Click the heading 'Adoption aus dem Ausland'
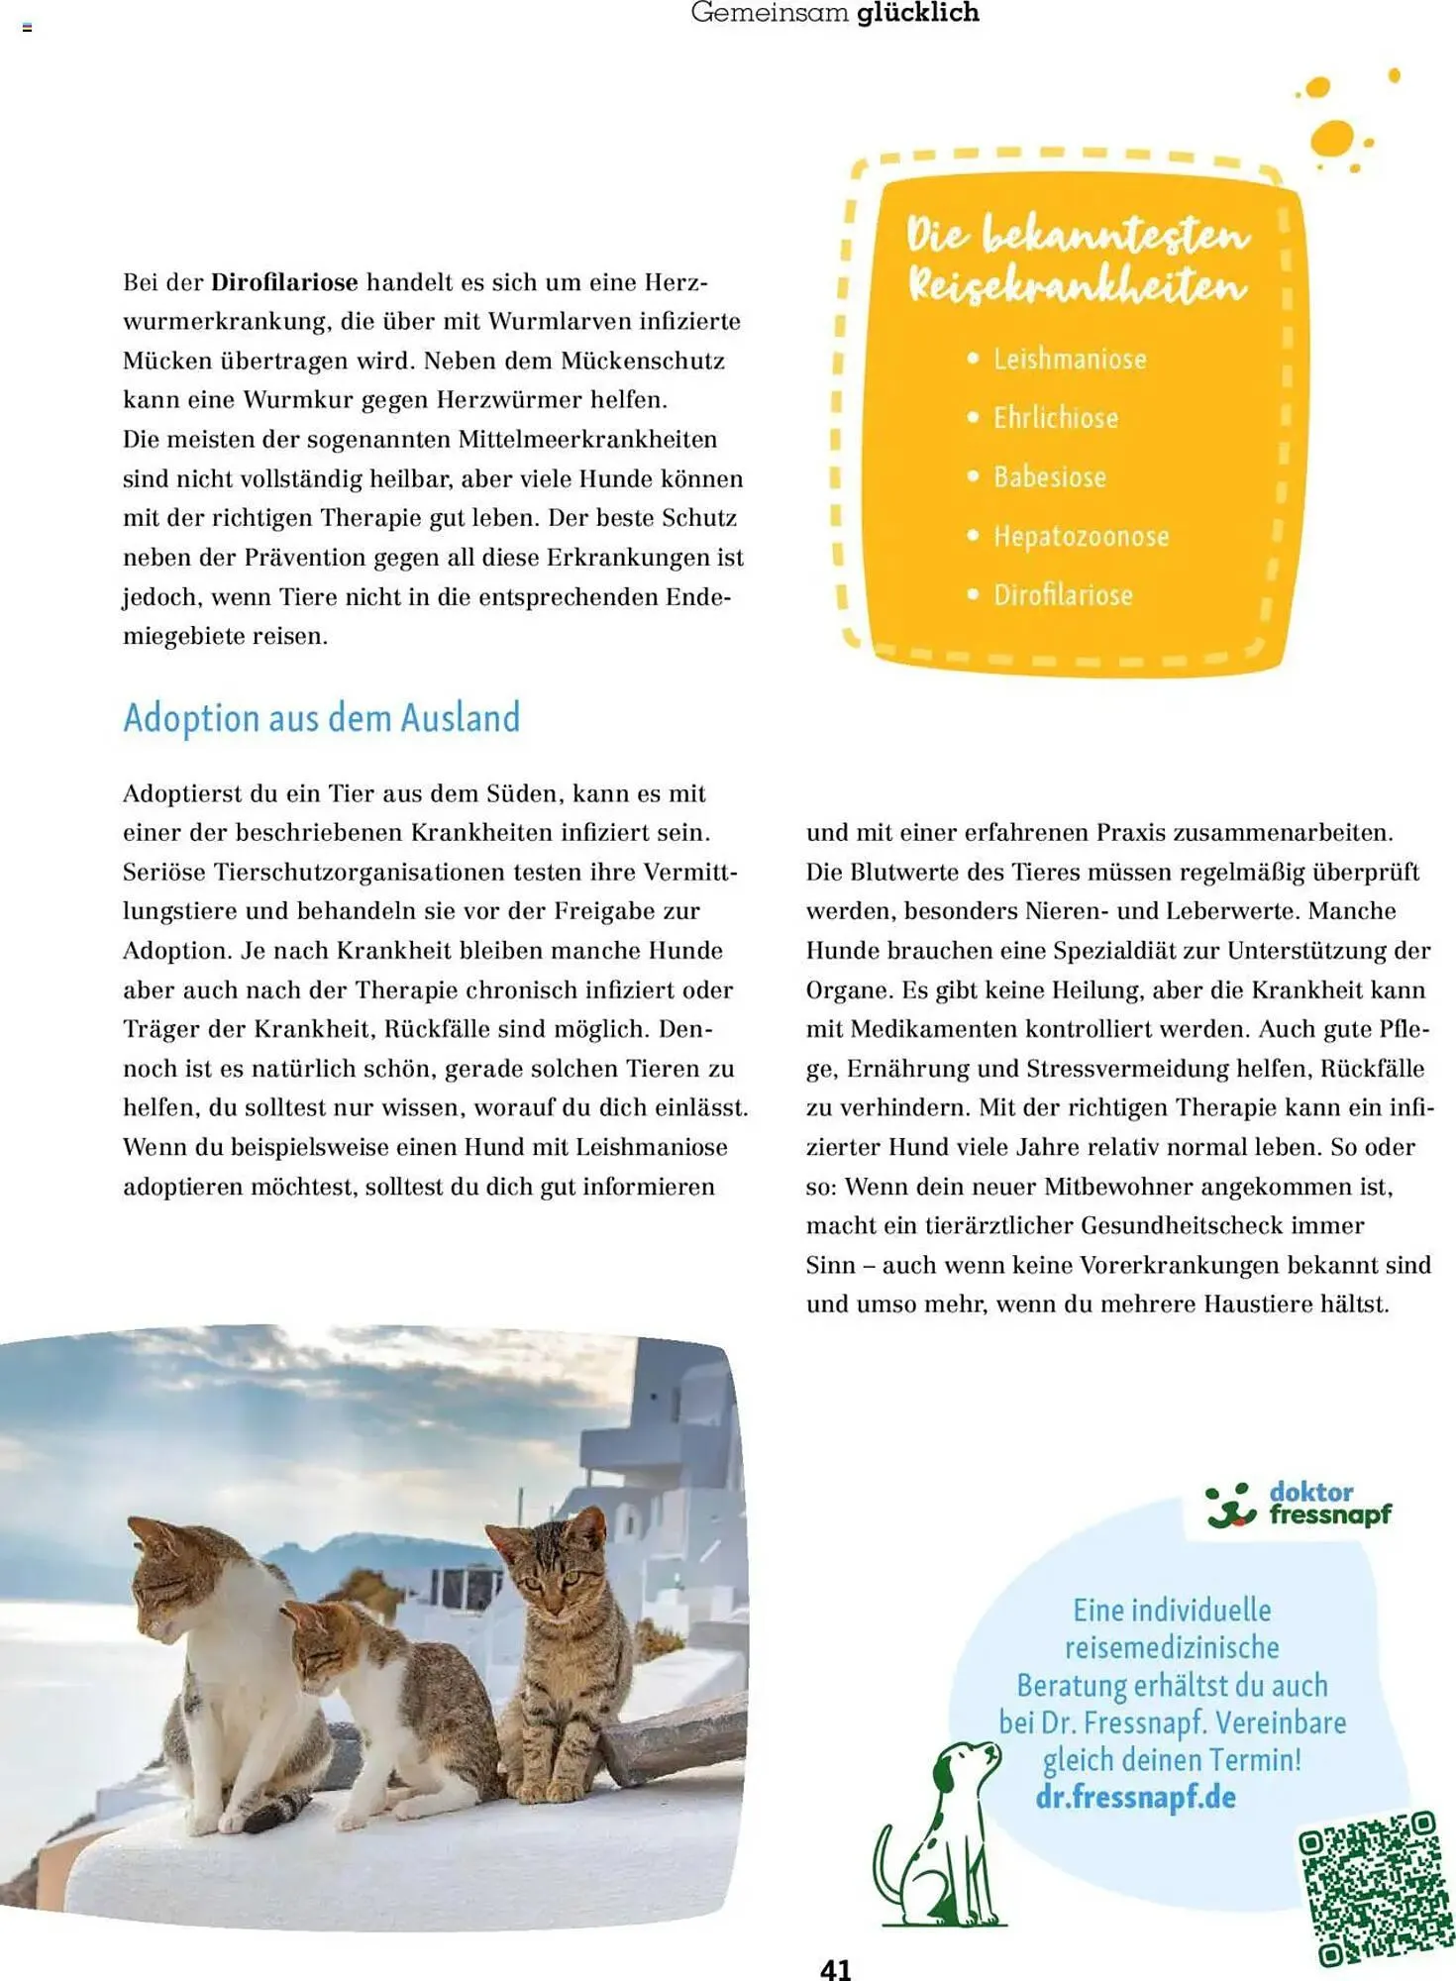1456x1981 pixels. (x=321, y=717)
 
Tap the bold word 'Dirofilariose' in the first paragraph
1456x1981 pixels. (x=283, y=282)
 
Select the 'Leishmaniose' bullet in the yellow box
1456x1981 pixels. (x=1070, y=359)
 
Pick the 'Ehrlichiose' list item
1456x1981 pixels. (x=1056, y=418)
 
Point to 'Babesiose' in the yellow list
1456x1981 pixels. (x=1050, y=477)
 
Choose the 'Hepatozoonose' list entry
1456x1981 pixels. (x=1082, y=537)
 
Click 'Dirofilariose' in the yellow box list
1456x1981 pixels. (x=1063, y=595)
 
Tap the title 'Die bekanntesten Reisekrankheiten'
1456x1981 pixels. (x=1078, y=261)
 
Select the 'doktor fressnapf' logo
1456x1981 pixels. (x=1299, y=1505)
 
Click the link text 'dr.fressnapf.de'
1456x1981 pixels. (x=1135, y=1797)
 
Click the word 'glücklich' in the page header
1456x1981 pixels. (x=918, y=13)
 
